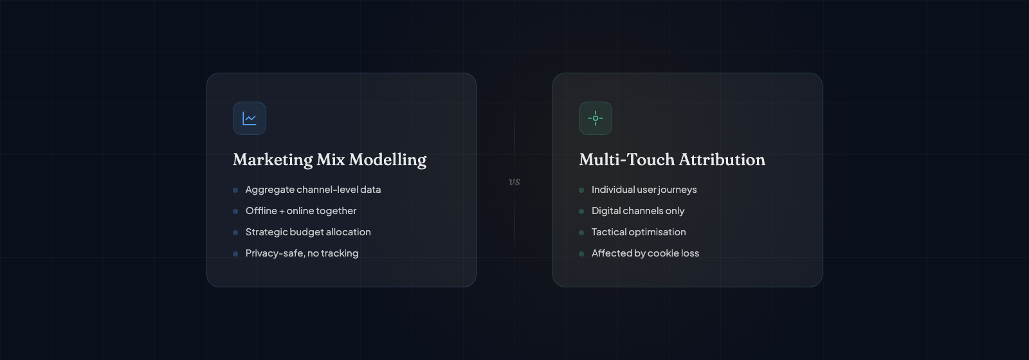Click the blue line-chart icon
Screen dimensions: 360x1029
pyautogui.click(x=250, y=118)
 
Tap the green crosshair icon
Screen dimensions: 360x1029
pyautogui.click(x=596, y=118)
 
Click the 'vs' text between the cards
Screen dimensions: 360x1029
pyautogui.click(x=514, y=182)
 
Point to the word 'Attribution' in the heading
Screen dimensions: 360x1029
pyautogui.click(x=722, y=159)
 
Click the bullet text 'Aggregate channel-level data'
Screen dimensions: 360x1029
pyautogui.click(x=313, y=190)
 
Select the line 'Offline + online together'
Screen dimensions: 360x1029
pyautogui.click(x=301, y=211)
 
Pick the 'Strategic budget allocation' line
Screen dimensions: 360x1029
pyautogui.click(x=308, y=232)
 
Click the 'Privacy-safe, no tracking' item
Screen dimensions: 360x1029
pyautogui.click(x=302, y=253)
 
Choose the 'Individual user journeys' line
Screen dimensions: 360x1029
pyautogui.click(x=644, y=190)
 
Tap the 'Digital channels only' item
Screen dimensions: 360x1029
pyautogui.click(x=638, y=211)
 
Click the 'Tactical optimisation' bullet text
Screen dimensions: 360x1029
pyautogui.click(x=639, y=232)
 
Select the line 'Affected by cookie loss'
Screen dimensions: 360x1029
pyautogui.click(x=645, y=253)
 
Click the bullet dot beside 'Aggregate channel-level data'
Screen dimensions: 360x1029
pyautogui.click(x=235, y=190)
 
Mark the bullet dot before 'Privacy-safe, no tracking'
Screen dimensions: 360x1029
pyautogui.click(x=235, y=254)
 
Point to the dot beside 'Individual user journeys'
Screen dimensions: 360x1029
pyautogui.click(x=581, y=190)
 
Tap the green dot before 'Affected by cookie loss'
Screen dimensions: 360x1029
pyautogui.click(x=581, y=254)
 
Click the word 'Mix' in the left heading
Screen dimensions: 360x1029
pyautogui.click(x=331, y=160)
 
